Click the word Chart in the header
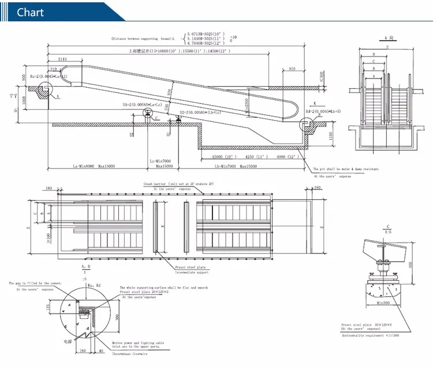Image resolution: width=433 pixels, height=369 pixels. [31, 13]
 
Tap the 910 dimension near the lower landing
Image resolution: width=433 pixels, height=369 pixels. [291, 69]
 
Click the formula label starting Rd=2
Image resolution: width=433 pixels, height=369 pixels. [323, 111]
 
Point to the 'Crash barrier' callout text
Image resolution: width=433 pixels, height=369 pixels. [178, 184]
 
